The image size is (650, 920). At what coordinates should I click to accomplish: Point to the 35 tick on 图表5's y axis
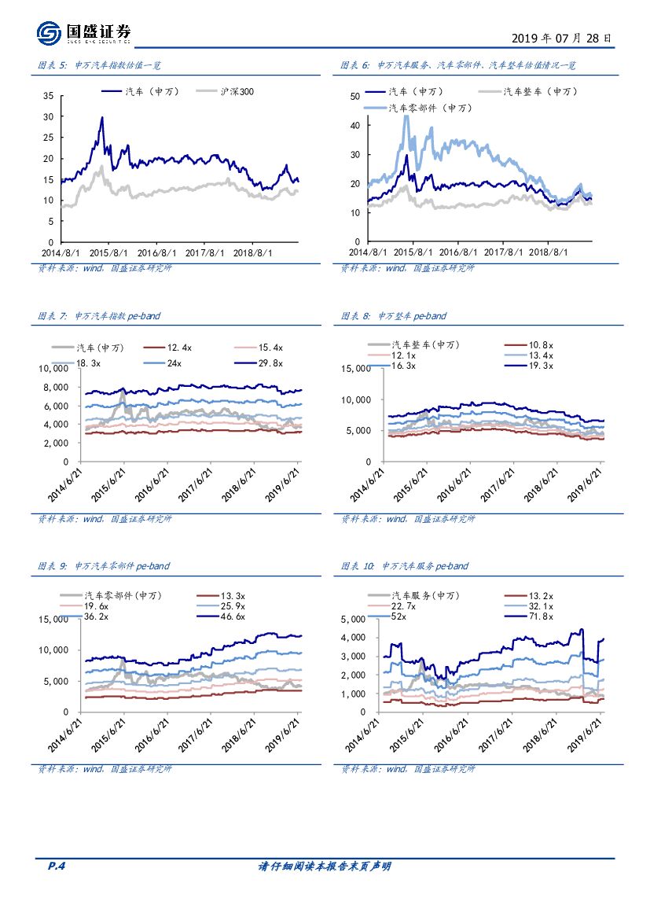[x=48, y=96]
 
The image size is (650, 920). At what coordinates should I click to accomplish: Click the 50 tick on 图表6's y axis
[x=354, y=96]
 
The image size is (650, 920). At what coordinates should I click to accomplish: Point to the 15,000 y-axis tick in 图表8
[x=354, y=368]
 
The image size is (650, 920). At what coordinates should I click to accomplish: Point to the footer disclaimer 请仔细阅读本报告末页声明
[x=325, y=867]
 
